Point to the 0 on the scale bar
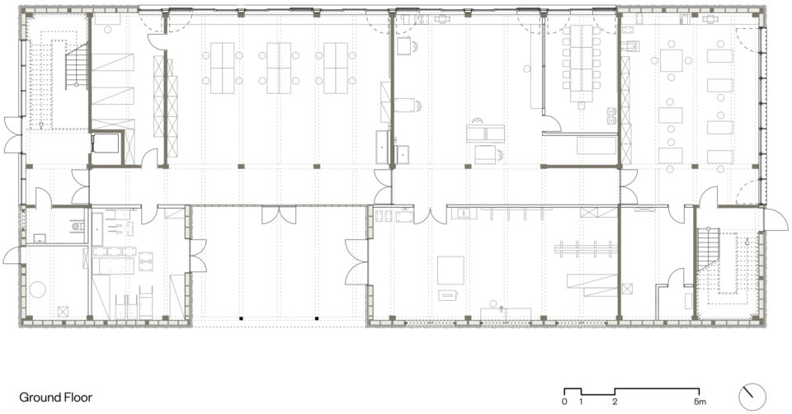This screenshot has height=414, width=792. coord(564,402)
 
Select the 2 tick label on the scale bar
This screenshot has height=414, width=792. coord(615,402)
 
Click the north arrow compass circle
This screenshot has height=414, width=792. coord(752,397)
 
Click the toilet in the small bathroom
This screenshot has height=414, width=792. coord(78,227)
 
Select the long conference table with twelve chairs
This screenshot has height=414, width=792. coord(582,64)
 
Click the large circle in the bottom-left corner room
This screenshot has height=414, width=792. coord(37,289)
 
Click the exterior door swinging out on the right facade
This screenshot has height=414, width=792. coord(775,219)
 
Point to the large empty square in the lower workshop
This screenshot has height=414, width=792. coord(450,271)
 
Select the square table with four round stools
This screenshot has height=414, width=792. coord(672,60)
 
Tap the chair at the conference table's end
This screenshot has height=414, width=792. coord(582,106)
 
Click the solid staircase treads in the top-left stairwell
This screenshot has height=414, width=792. coord(77,66)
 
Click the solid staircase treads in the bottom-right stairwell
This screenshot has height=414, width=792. coord(708,247)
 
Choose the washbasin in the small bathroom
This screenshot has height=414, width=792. coord(40,238)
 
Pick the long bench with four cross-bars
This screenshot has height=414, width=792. coord(586,248)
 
